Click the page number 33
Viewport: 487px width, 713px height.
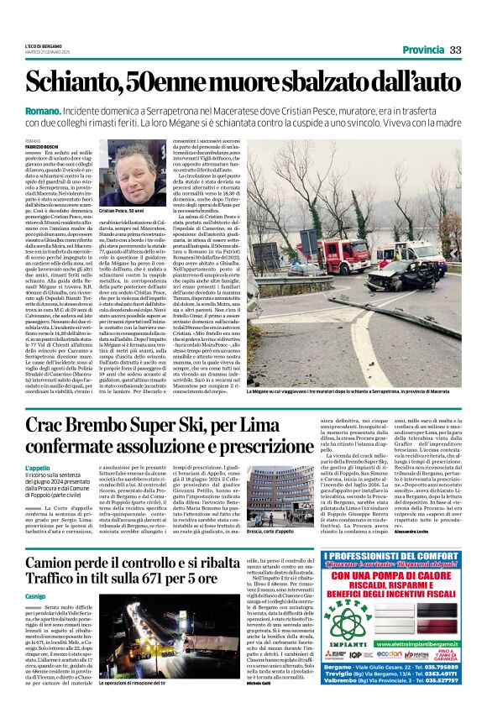point(455,50)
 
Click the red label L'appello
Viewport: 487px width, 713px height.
point(38,467)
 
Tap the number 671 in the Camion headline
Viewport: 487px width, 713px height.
point(165,601)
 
